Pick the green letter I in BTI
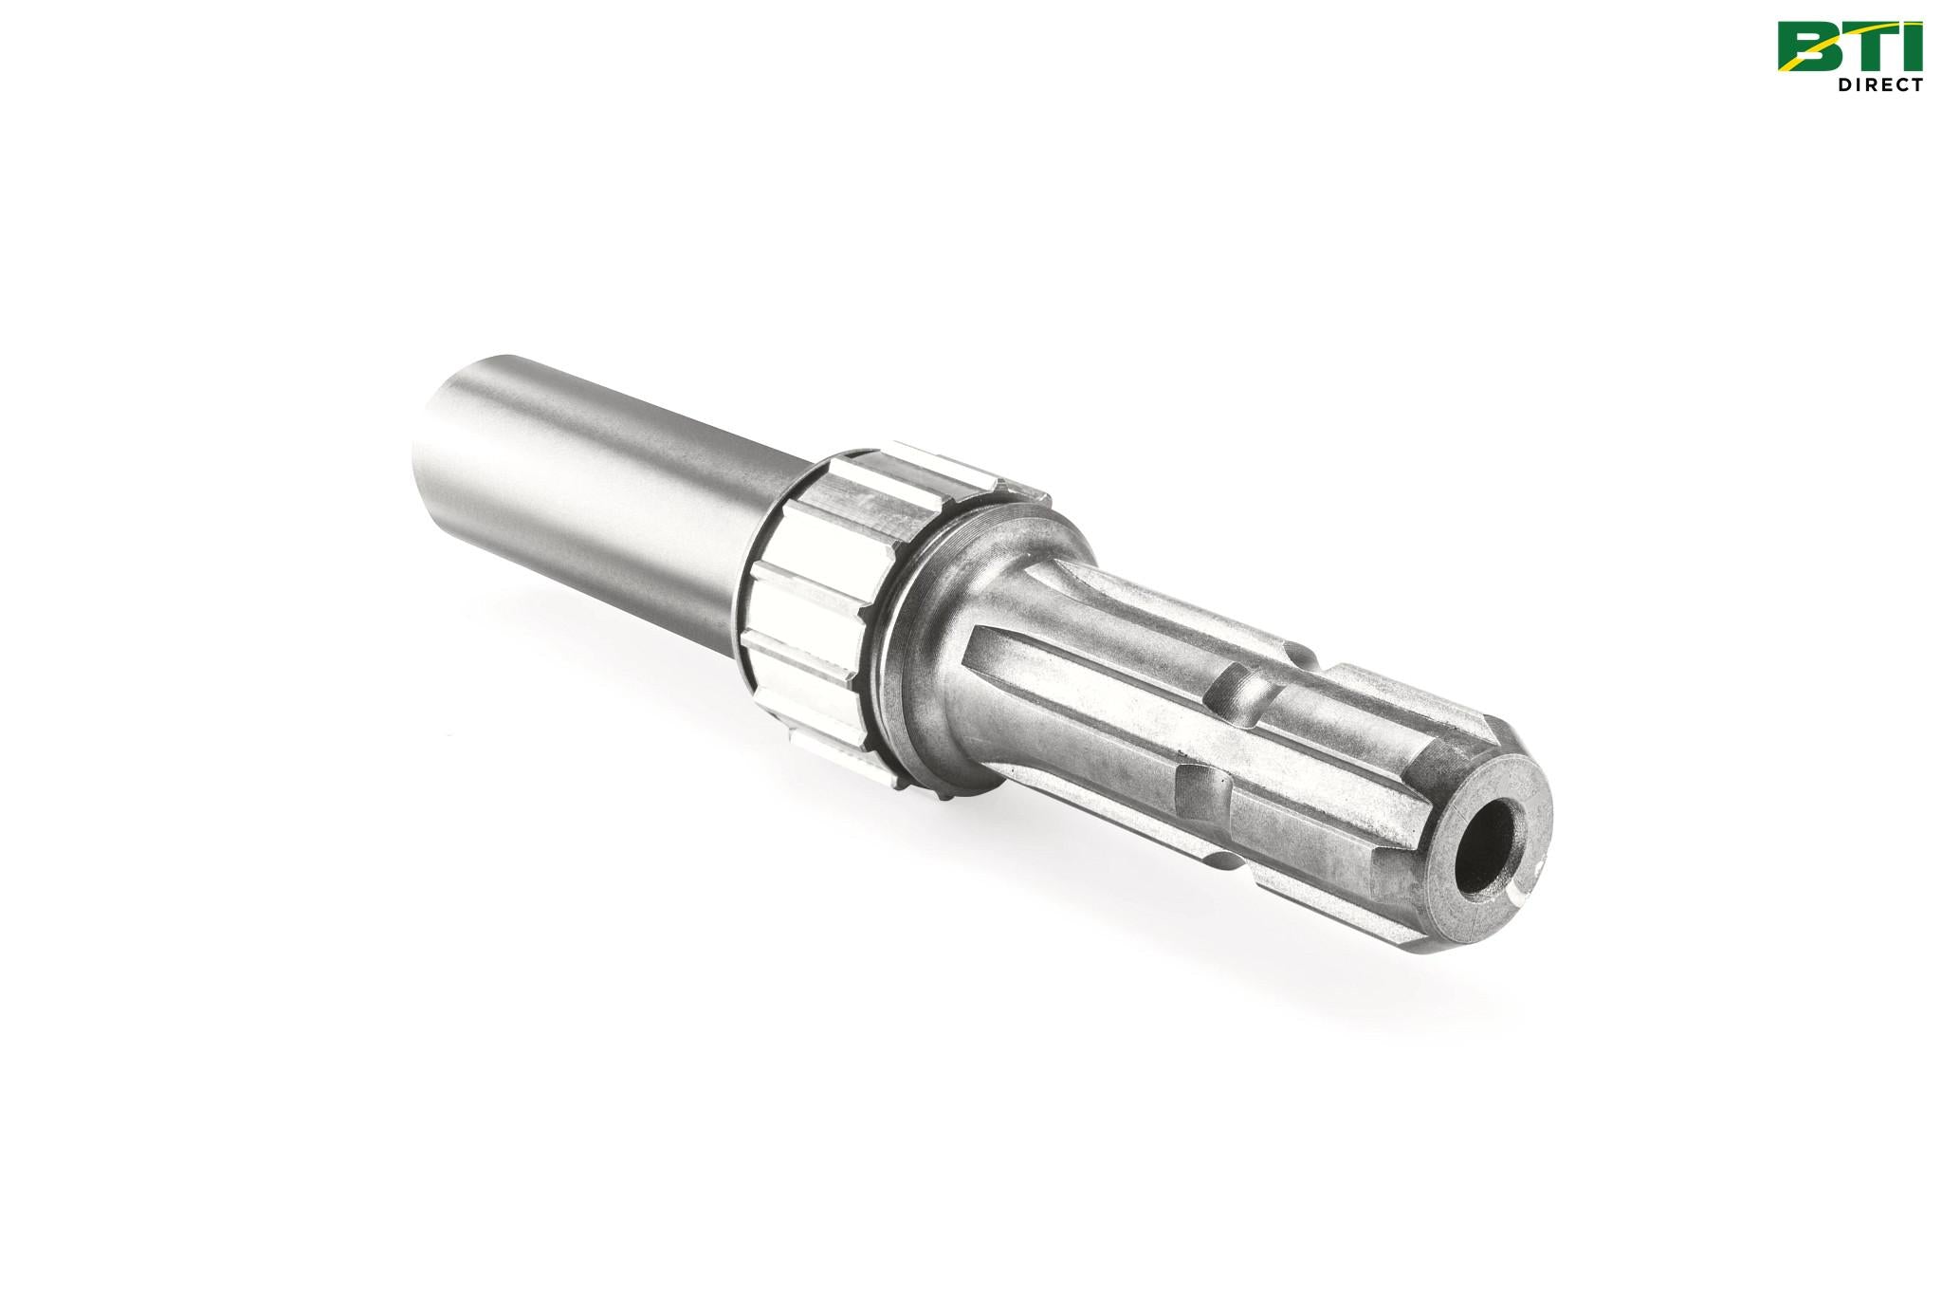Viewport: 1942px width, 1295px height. click(1913, 48)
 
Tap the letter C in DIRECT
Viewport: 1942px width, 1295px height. click(1896, 85)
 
